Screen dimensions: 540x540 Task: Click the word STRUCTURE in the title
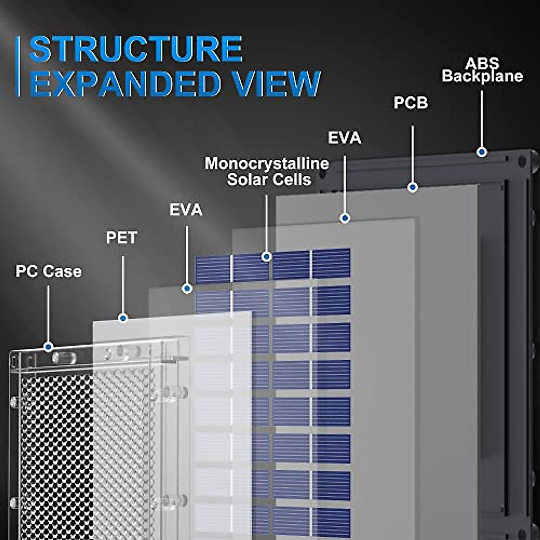coord(135,49)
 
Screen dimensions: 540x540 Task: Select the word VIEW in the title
coord(270,84)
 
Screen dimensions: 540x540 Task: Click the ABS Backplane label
coord(482,70)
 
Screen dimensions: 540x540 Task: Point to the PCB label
coord(411,103)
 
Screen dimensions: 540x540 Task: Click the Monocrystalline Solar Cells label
coord(267,171)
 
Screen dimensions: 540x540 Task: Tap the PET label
coord(121,238)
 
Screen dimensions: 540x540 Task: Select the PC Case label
coord(49,271)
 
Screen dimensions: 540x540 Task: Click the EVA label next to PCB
coord(344,138)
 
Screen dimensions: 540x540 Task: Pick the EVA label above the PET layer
coord(186,210)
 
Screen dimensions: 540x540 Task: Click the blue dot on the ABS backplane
coord(482,152)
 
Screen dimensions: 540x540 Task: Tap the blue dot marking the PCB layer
coord(413,187)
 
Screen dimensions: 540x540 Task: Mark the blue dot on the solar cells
coord(266,256)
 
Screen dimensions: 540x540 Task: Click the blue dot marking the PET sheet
coord(123,318)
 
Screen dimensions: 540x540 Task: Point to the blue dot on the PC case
coord(48,347)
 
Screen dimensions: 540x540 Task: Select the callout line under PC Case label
coord(48,314)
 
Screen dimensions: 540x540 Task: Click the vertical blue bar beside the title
coord(18,67)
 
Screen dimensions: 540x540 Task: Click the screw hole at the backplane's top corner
coord(522,161)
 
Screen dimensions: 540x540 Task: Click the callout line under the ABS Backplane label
coord(482,119)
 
